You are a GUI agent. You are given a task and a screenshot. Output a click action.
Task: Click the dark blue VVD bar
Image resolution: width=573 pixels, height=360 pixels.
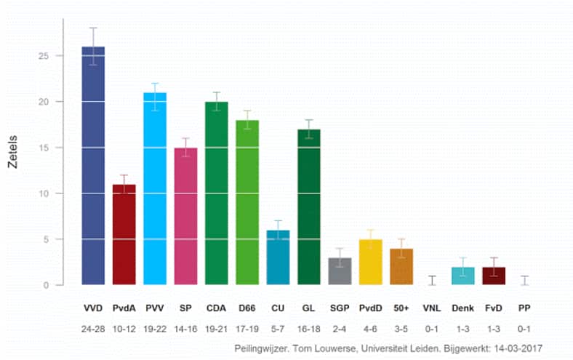[93, 167]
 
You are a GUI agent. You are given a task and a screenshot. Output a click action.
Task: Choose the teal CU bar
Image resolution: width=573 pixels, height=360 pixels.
[278, 258]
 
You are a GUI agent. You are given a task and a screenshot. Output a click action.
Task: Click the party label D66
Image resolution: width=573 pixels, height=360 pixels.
[247, 309]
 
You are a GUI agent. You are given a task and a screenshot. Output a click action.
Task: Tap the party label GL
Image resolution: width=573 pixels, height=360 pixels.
[308, 309]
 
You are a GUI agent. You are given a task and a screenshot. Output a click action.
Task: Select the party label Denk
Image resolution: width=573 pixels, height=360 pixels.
[462, 309]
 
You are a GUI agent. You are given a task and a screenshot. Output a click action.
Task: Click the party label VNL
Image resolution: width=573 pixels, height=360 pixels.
[431, 309]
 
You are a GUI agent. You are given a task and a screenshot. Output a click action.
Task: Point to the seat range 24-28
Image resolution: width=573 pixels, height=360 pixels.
[93, 329]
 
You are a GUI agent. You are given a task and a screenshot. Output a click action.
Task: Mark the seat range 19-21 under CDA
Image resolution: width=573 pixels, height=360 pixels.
[216, 329]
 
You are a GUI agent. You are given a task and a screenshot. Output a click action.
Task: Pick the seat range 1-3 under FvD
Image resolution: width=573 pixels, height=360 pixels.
[493, 329]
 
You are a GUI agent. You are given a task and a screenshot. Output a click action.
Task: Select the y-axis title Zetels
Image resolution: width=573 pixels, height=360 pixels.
[12, 151]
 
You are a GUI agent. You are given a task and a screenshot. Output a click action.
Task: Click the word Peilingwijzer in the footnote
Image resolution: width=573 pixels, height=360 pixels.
[262, 348]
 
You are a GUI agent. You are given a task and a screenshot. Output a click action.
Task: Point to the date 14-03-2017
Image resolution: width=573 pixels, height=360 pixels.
[516, 348]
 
